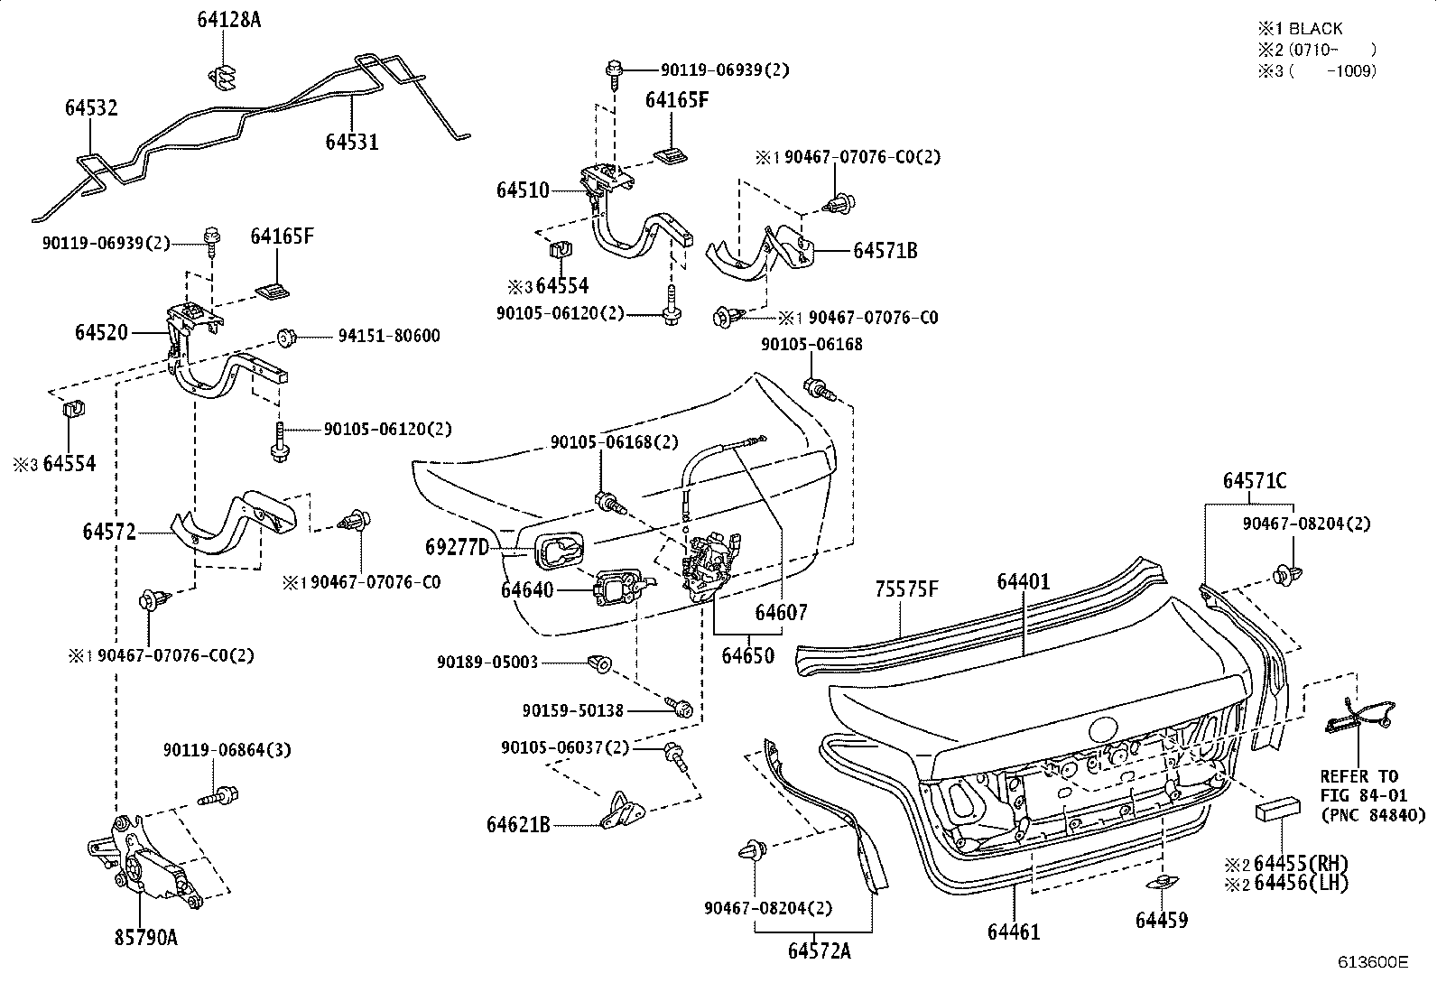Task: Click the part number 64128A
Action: [x=229, y=20]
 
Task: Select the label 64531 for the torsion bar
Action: [x=351, y=141]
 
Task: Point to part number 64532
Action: [x=91, y=107]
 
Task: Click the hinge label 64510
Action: [x=523, y=190]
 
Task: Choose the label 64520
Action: [x=101, y=332]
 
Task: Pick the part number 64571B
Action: [x=885, y=250]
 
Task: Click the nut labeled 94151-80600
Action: [x=286, y=337]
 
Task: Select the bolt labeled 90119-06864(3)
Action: [x=218, y=796]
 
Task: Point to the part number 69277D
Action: [x=458, y=547]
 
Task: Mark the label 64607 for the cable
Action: [x=781, y=612]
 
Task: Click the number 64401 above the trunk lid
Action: [x=1024, y=581]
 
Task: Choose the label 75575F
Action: [x=907, y=589]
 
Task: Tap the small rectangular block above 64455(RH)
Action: [x=1278, y=809]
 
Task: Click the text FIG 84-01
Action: [x=1363, y=795]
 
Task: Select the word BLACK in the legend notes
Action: [x=1316, y=29]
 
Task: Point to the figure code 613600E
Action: [x=1373, y=962]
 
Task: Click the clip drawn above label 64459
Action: [x=1163, y=882]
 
